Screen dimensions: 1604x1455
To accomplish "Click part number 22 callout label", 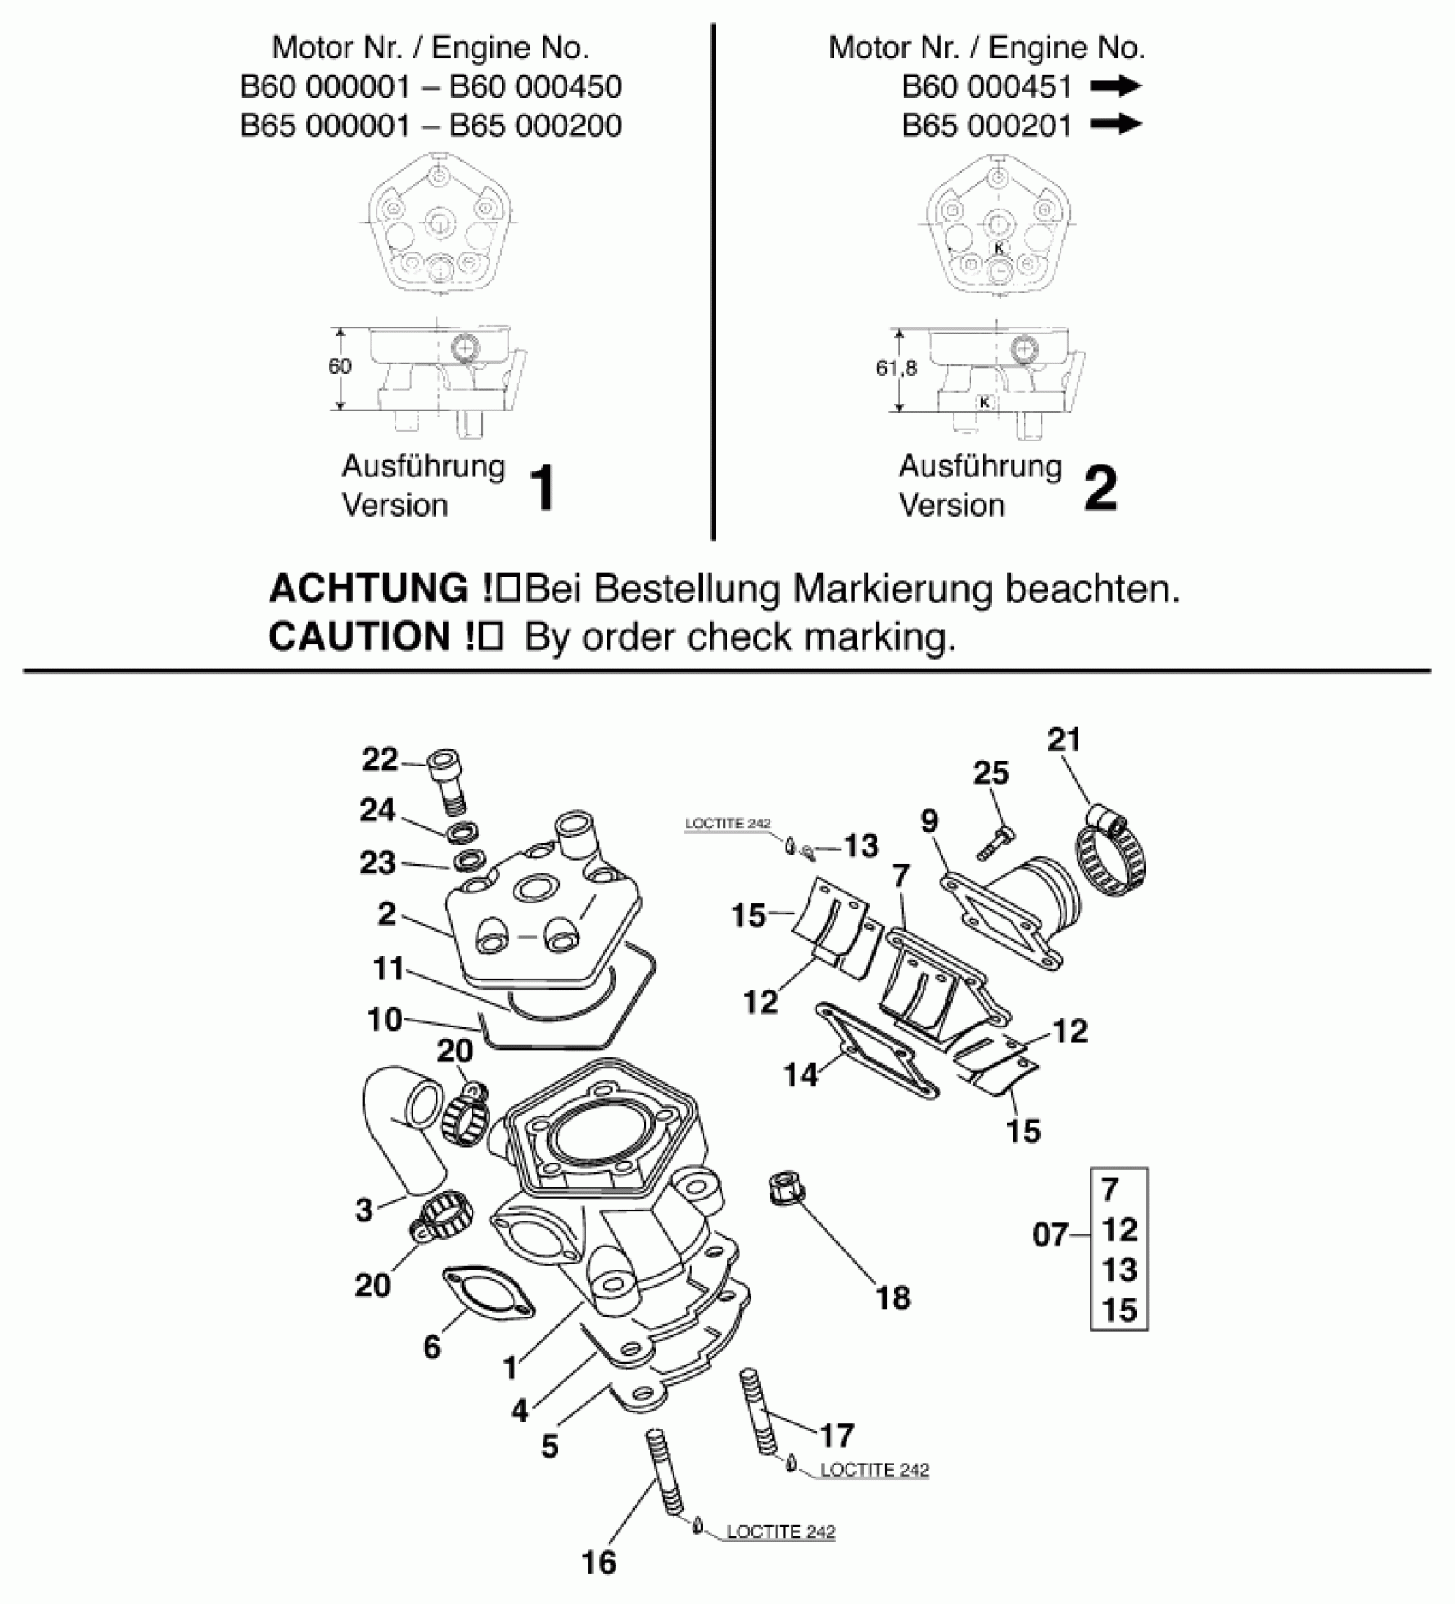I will point(380,759).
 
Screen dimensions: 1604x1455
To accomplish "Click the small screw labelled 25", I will point(994,842).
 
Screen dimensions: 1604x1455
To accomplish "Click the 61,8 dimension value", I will point(896,368).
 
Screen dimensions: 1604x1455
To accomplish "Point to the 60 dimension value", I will point(339,366).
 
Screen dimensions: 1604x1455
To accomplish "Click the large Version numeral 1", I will point(543,488).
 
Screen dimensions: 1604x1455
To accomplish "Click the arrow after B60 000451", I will point(1116,86).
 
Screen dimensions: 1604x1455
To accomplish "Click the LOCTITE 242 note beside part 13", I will point(727,824).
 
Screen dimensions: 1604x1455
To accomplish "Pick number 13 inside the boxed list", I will point(1119,1270).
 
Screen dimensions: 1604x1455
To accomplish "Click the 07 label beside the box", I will point(1050,1234).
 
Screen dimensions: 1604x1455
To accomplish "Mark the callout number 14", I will point(801,1074).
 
